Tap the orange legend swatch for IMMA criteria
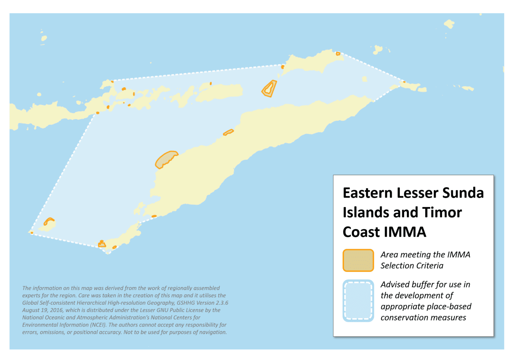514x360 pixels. tap(358, 260)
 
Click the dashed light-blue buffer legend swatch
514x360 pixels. tap(358, 300)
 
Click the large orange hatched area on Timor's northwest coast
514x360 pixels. tap(166, 159)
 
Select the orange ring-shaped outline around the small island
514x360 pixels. tap(269, 89)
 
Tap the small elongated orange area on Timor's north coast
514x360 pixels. tap(228, 132)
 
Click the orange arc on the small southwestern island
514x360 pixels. tap(49, 221)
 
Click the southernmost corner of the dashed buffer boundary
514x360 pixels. tap(108, 252)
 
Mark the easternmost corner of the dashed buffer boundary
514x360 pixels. tap(404, 82)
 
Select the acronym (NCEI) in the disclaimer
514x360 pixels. tap(98, 325)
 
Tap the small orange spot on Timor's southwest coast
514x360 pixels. tap(154, 216)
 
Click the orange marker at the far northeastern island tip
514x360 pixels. tap(338, 54)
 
